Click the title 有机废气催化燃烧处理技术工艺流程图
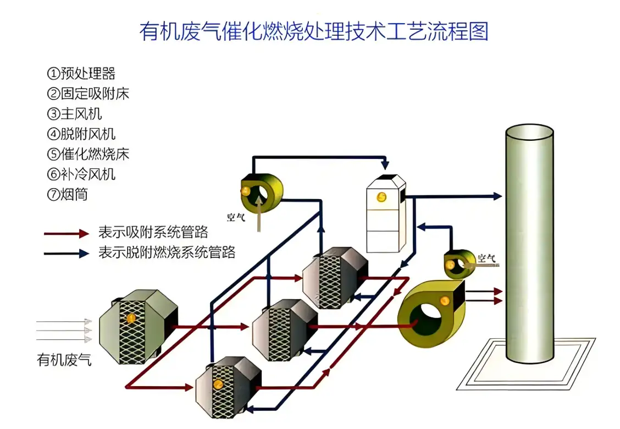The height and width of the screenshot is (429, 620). tap(314, 31)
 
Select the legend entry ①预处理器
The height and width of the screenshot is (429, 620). tap(81, 74)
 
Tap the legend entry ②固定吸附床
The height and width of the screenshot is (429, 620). tap(88, 94)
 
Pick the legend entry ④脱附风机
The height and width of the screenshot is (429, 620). tap(81, 134)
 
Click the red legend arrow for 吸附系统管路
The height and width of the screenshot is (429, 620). tap(67, 234)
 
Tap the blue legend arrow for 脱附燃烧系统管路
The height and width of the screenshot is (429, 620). tap(67, 254)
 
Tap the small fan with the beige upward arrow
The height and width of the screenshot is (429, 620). tap(262, 190)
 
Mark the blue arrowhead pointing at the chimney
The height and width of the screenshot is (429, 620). tap(497, 196)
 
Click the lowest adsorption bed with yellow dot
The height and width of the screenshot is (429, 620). tap(226, 384)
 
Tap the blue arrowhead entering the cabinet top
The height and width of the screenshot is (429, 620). tap(386, 165)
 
